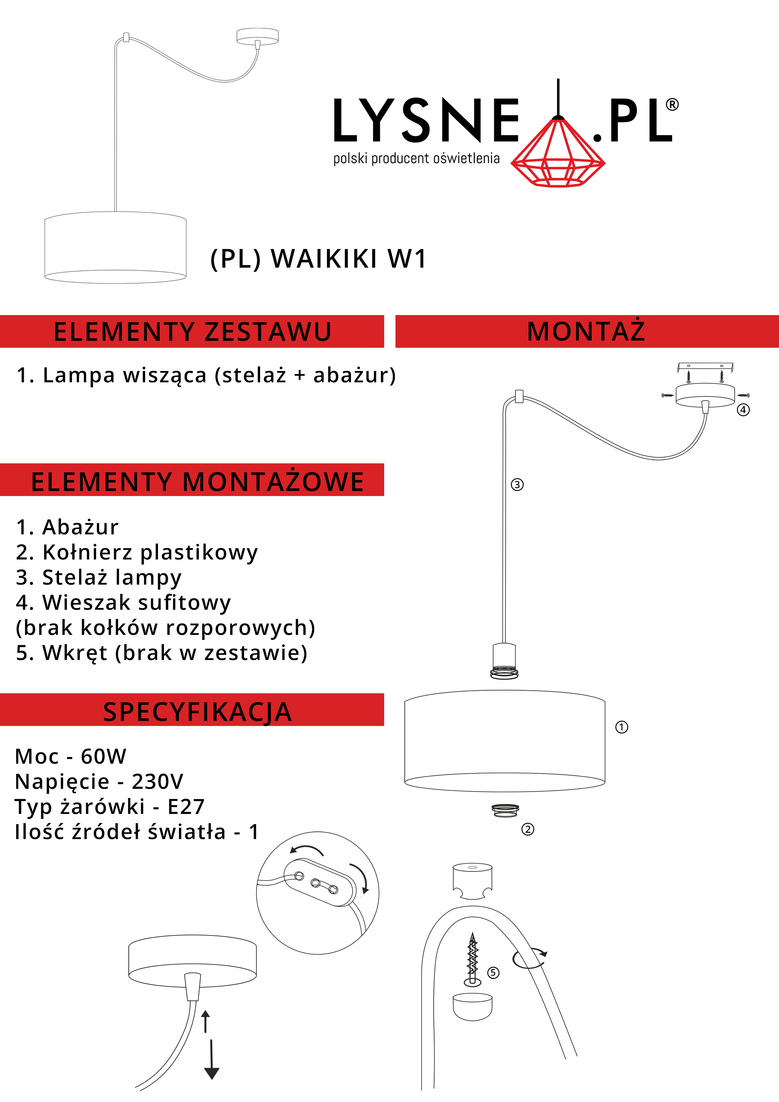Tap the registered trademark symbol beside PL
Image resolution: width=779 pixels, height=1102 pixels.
click(672, 105)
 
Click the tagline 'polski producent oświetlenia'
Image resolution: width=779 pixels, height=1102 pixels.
click(416, 158)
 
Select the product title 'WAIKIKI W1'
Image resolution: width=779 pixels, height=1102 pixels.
click(349, 259)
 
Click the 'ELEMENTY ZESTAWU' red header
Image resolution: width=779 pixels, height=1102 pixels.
click(192, 332)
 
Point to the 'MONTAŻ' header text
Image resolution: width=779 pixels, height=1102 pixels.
click(586, 331)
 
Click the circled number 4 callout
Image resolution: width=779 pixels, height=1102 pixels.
click(743, 410)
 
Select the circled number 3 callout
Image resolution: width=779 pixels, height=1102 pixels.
click(517, 485)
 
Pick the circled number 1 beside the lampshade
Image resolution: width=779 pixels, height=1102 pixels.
click(622, 727)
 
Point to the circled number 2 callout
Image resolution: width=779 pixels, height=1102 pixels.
click(527, 829)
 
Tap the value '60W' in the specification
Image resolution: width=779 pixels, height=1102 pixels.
click(104, 757)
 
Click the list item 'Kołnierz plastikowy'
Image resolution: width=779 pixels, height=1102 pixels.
click(150, 553)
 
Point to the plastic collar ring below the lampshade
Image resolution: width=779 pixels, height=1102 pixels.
click(505, 811)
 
